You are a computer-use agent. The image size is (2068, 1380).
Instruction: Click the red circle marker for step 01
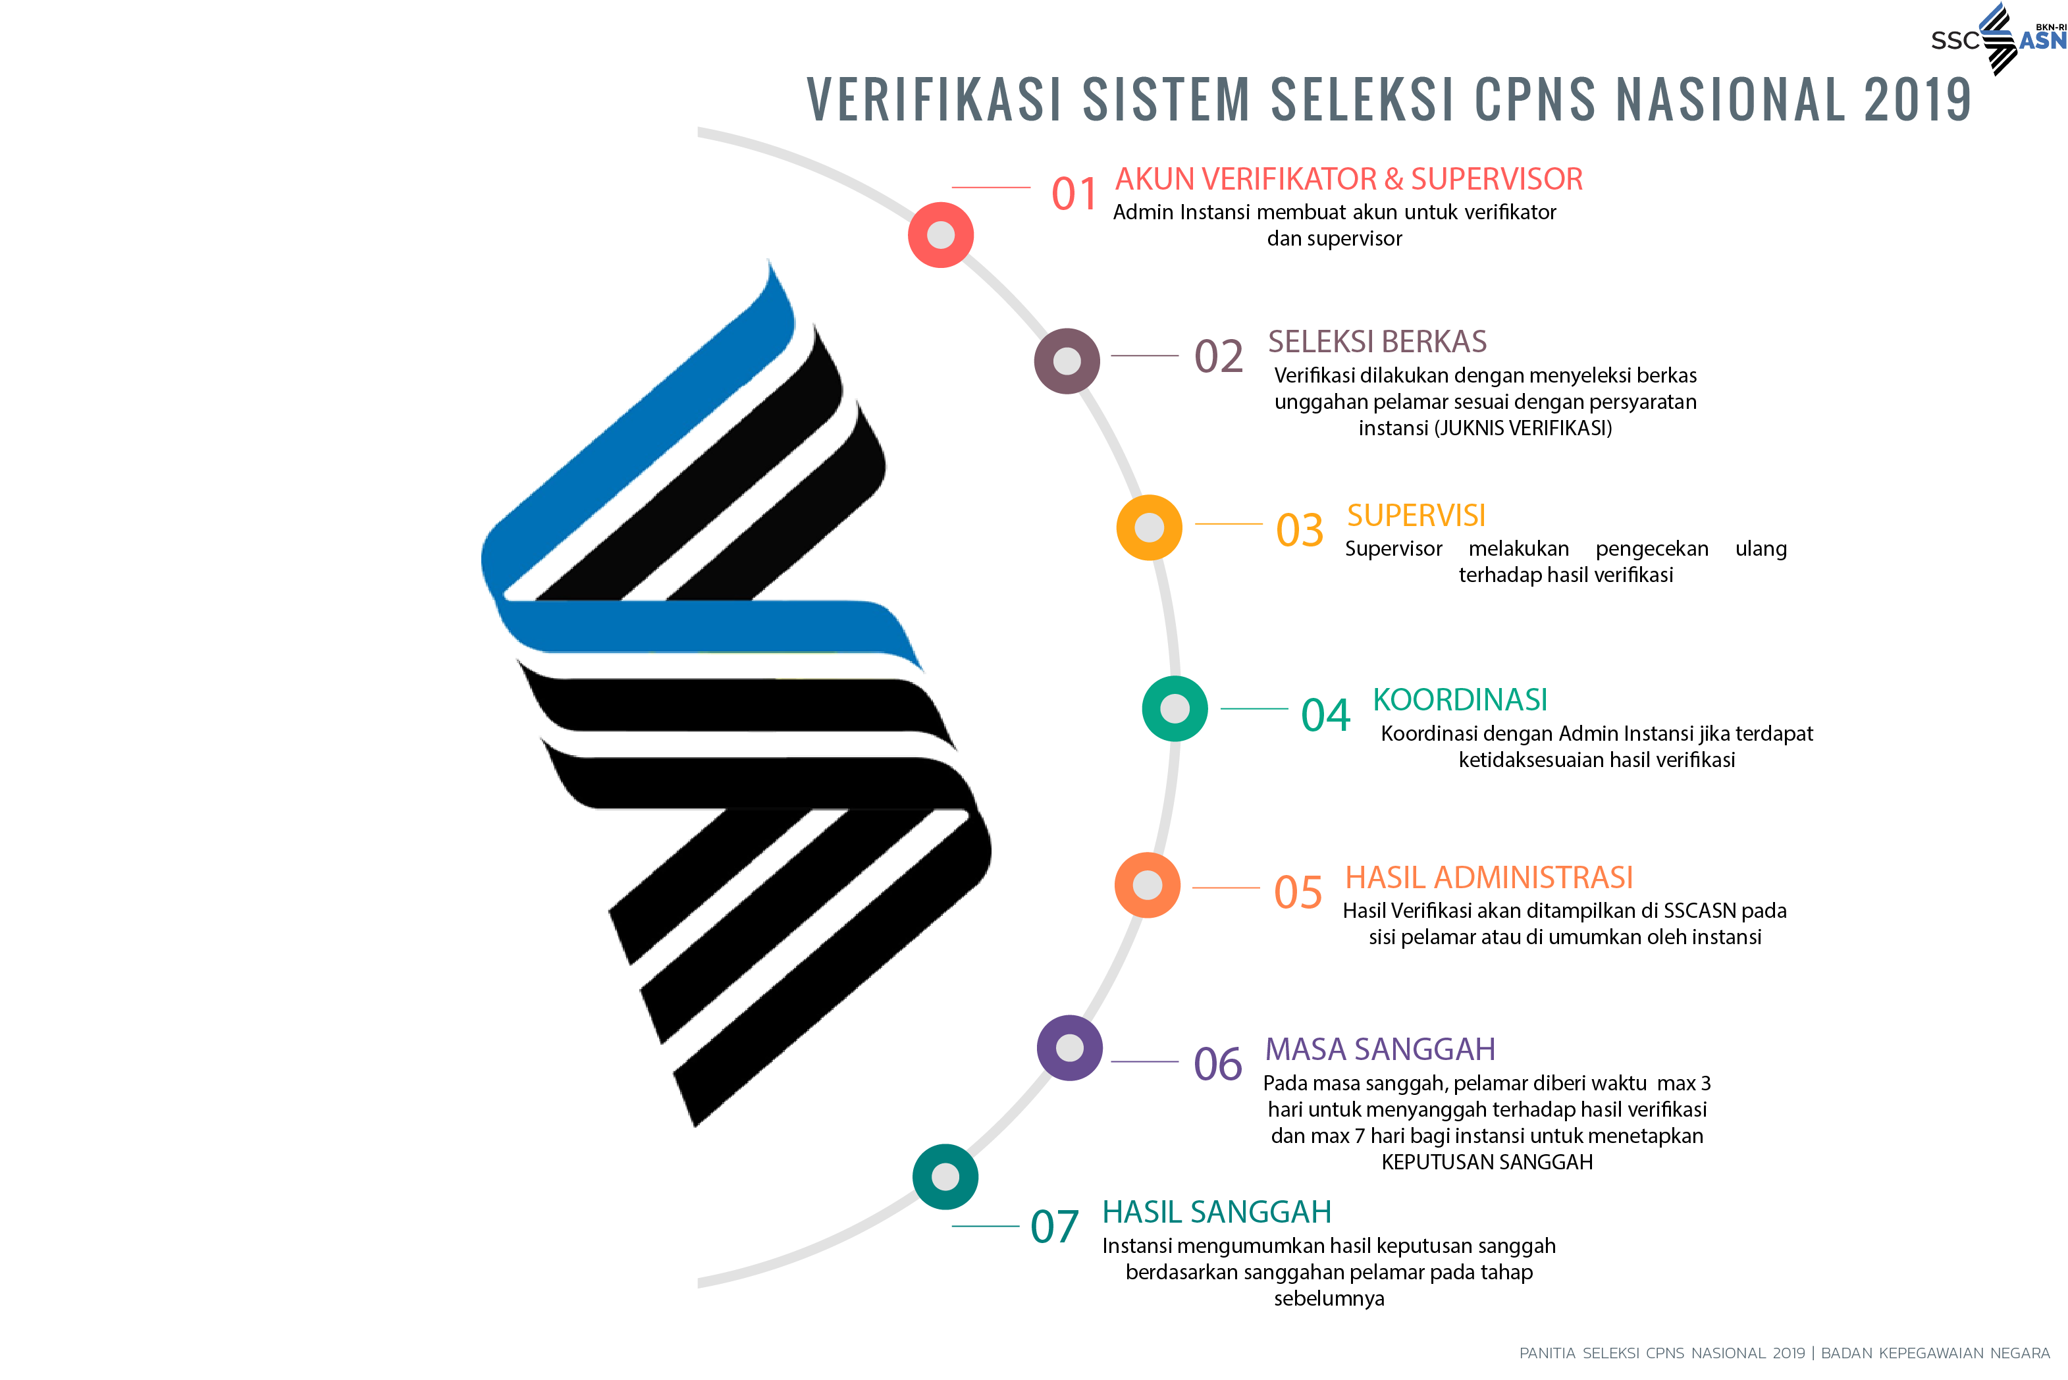point(941,235)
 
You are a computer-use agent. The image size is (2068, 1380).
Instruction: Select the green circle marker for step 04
point(1174,708)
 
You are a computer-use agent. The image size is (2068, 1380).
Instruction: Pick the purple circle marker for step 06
point(1069,1048)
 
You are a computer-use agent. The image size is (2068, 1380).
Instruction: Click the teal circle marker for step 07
point(945,1177)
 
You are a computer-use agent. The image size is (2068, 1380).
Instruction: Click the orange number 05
point(1298,892)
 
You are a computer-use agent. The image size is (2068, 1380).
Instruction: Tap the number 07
point(1054,1227)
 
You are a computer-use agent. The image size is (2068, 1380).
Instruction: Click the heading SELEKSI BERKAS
point(1376,342)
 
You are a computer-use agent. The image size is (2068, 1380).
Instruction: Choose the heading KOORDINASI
point(1459,700)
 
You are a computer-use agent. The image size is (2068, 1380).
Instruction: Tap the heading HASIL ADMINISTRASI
point(1488,878)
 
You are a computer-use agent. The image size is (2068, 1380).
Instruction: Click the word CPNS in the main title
point(1534,99)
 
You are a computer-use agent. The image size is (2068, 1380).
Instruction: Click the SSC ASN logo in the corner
point(1998,40)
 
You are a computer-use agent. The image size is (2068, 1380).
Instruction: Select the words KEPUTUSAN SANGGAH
point(1487,1161)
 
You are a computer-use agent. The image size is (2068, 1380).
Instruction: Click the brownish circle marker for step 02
point(1067,361)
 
